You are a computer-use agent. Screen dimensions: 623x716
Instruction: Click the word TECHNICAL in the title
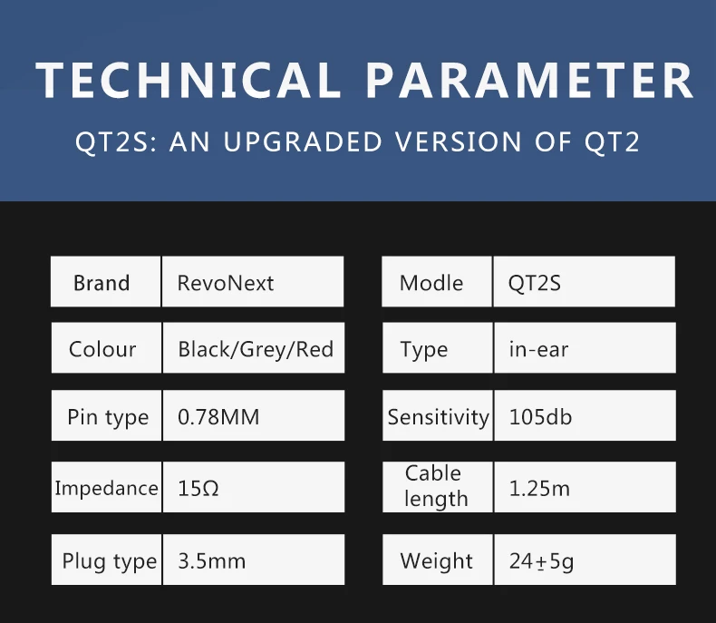189,81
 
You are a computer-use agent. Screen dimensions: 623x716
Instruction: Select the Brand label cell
102,283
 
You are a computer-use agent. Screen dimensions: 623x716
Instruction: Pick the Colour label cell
102,349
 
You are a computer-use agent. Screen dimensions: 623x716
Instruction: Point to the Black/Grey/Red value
256,349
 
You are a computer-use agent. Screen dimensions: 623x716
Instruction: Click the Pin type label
108,417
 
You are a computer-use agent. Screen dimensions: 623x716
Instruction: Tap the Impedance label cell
106,488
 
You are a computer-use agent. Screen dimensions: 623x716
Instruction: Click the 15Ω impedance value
198,488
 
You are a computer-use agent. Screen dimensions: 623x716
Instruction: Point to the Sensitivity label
438,417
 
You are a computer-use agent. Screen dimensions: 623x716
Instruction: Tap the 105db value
540,417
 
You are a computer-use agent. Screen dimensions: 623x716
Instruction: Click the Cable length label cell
436,486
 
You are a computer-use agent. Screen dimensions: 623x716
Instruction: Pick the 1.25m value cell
539,488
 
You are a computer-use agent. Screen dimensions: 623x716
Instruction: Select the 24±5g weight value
541,561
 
